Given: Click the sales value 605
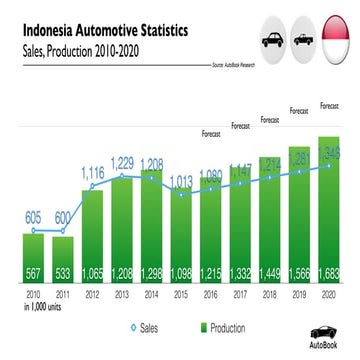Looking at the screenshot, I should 33,216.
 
